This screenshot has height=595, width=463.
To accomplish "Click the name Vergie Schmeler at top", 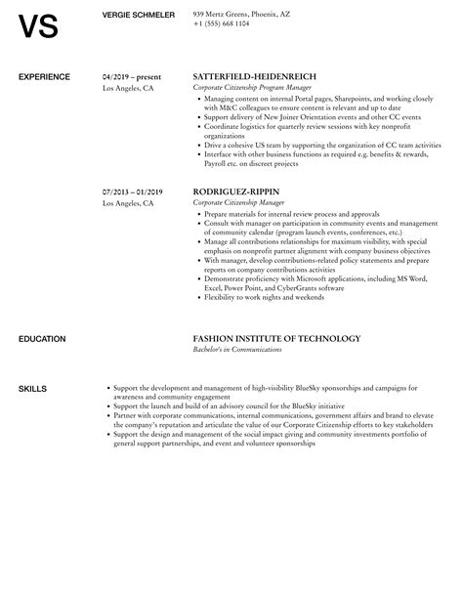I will [x=139, y=14].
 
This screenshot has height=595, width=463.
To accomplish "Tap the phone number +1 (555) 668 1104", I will [x=222, y=22].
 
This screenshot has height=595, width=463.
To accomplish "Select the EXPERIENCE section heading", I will [x=45, y=75].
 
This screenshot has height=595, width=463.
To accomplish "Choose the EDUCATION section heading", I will [x=43, y=339].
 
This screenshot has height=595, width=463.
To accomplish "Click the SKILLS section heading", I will [x=32, y=389].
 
